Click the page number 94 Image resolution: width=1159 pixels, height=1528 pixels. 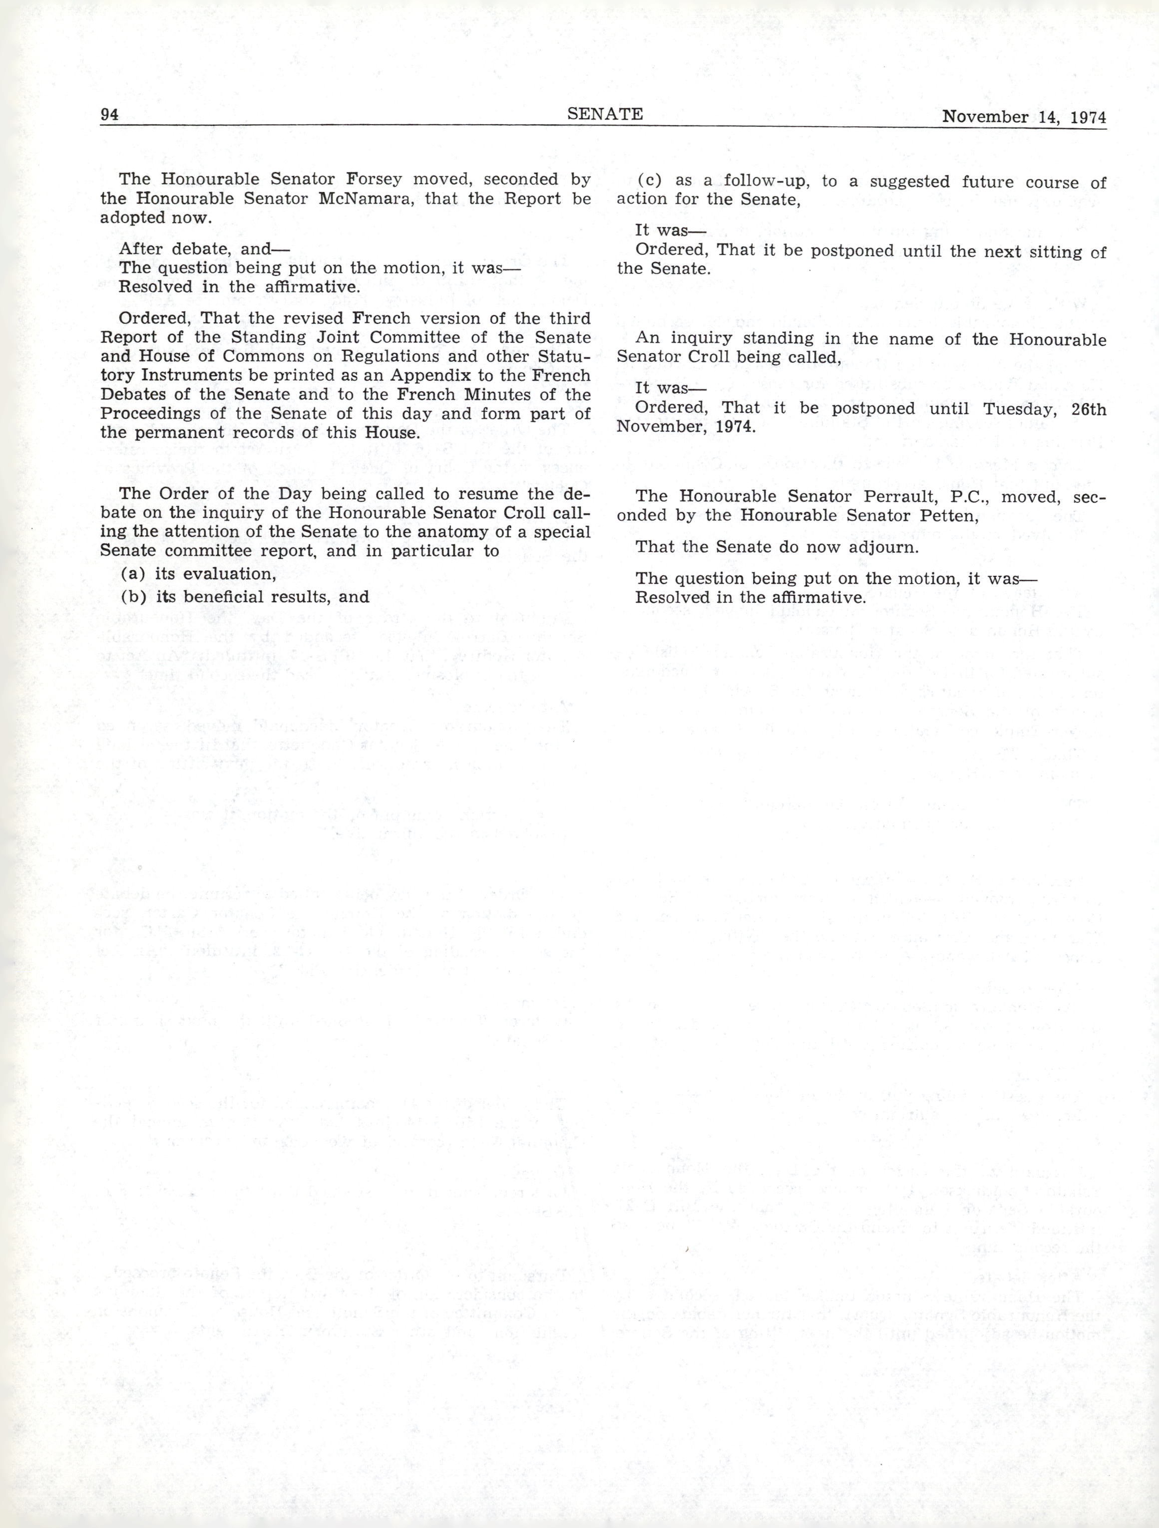[x=110, y=115]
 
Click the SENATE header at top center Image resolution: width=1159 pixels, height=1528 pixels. [x=605, y=114]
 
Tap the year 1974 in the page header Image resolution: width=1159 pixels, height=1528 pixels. [x=1088, y=117]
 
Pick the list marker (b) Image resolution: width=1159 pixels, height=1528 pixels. [x=131, y=597]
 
